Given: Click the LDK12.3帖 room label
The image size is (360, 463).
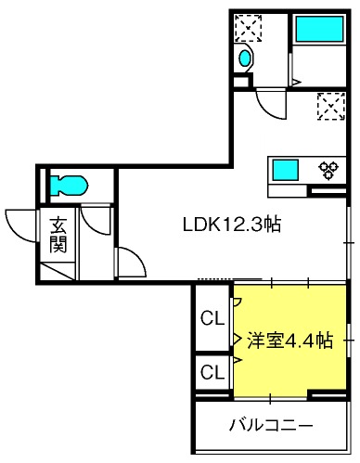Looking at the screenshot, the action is pyautogui.click(x=232, y=225).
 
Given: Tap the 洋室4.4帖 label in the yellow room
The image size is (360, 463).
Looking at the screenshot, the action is pyautogui.click(x=289, y=341).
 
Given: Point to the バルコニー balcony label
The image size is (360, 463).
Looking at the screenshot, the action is pyautogui.click(x=271, y=425).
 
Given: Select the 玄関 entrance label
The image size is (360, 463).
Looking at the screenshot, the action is pyautogui.click(x=58, y=235).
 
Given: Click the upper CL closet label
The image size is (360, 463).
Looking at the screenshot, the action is pyautogui.click(x=212, y=317).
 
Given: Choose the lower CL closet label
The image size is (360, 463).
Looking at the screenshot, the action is pyautogui.click(x=212, y=372).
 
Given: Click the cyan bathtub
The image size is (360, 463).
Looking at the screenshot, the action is pyautogui.click(x=320, y=29).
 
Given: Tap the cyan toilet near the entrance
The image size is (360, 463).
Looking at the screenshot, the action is pyautogui.click(x=69, y=186).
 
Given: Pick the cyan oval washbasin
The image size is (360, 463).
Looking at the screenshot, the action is pyautogui.click(x=245, y=58).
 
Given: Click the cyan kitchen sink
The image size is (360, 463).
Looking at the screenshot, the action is pyautogui.click(x=285, y=170).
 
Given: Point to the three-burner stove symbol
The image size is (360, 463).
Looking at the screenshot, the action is pyautogui.click(x=328, y=170).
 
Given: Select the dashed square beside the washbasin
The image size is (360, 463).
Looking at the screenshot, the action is pyautogui.click(x=248, y=28).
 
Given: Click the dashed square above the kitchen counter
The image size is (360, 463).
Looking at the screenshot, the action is pyautogui.click(x=331, y=106).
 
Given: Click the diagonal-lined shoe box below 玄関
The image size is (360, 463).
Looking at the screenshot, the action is pyautogui.click(x=58, y=271).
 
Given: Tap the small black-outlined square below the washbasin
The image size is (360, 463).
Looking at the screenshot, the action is pyautogui.click(x=242, y=81).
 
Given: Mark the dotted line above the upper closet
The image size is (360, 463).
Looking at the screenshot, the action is pyautogui.click(x=214, y=279).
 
